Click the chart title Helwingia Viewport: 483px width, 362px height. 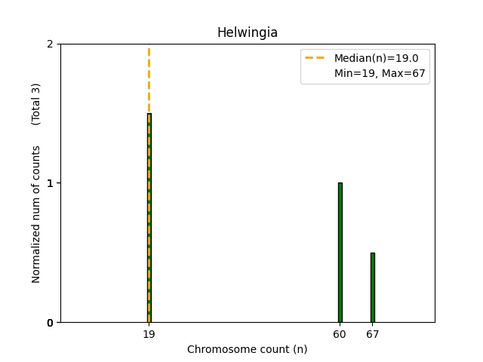[247, 32]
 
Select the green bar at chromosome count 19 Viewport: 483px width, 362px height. [149, 219]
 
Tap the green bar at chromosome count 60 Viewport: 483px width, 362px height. [340, 253]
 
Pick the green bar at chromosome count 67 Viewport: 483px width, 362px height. [372, 287]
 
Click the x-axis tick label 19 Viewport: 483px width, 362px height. [149, 334]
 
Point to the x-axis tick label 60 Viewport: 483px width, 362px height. [340, 334]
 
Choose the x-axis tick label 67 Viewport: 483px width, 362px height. [372, 334]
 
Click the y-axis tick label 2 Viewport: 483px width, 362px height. [50, 44]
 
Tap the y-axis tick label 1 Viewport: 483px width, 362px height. [50, 183]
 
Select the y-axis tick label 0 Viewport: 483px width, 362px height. [50, 323]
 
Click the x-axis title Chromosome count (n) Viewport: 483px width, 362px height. [247, 349]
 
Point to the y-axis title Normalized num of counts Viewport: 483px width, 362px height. [36, 214]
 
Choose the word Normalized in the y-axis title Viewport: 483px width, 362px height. [36, 256]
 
